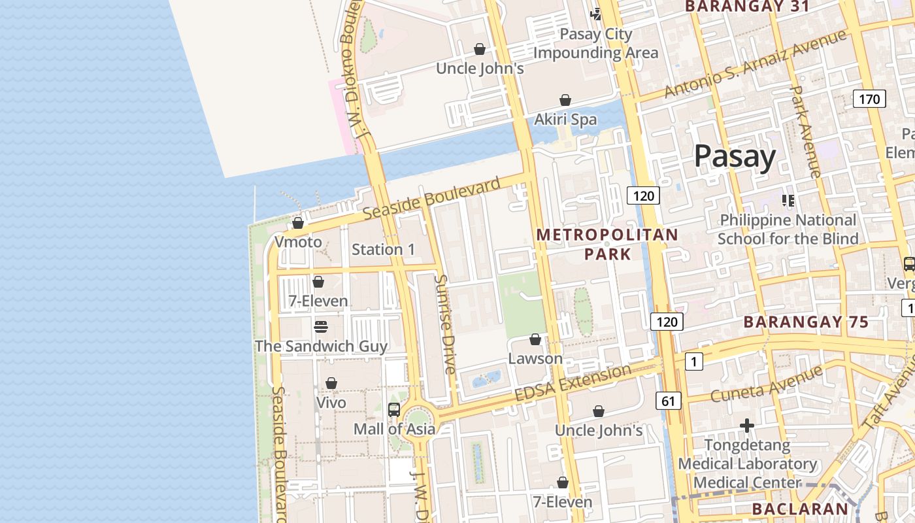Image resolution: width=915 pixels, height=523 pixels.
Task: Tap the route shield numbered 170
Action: tap(869, 99)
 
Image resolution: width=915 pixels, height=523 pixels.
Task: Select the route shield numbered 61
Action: tap(667, 401)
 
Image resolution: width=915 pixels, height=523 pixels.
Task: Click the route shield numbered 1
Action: tap(693, 361)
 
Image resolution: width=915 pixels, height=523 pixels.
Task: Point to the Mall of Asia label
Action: tap(394, 430)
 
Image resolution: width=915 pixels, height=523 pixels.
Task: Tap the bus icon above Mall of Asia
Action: tap(394, 410)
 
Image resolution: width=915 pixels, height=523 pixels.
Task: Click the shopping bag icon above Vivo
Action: tap(331, 383)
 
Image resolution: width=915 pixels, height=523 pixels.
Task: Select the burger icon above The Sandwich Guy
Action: tap(320, 326)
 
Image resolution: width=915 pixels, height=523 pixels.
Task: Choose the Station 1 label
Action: tap(383, 249)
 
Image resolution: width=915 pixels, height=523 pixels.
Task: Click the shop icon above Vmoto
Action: tap(298, 223)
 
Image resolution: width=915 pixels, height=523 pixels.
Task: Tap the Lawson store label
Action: tap(535, 359)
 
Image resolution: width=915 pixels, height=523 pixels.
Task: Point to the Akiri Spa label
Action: tap(565, 120)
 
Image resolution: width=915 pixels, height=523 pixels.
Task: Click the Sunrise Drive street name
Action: tap(444, 324)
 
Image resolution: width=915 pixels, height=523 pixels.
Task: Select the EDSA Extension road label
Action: tap(573, 384)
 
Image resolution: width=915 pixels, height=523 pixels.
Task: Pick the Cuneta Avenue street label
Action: tap(766, 384)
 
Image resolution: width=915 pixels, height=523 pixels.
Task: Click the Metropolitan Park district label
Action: tap(607, 244)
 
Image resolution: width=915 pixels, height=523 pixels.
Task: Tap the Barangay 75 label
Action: tap(806, 322)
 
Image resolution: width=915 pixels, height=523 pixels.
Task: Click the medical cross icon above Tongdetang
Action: tap(747, 426)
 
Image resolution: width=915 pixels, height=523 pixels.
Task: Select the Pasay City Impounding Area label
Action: tap(596, 43)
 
